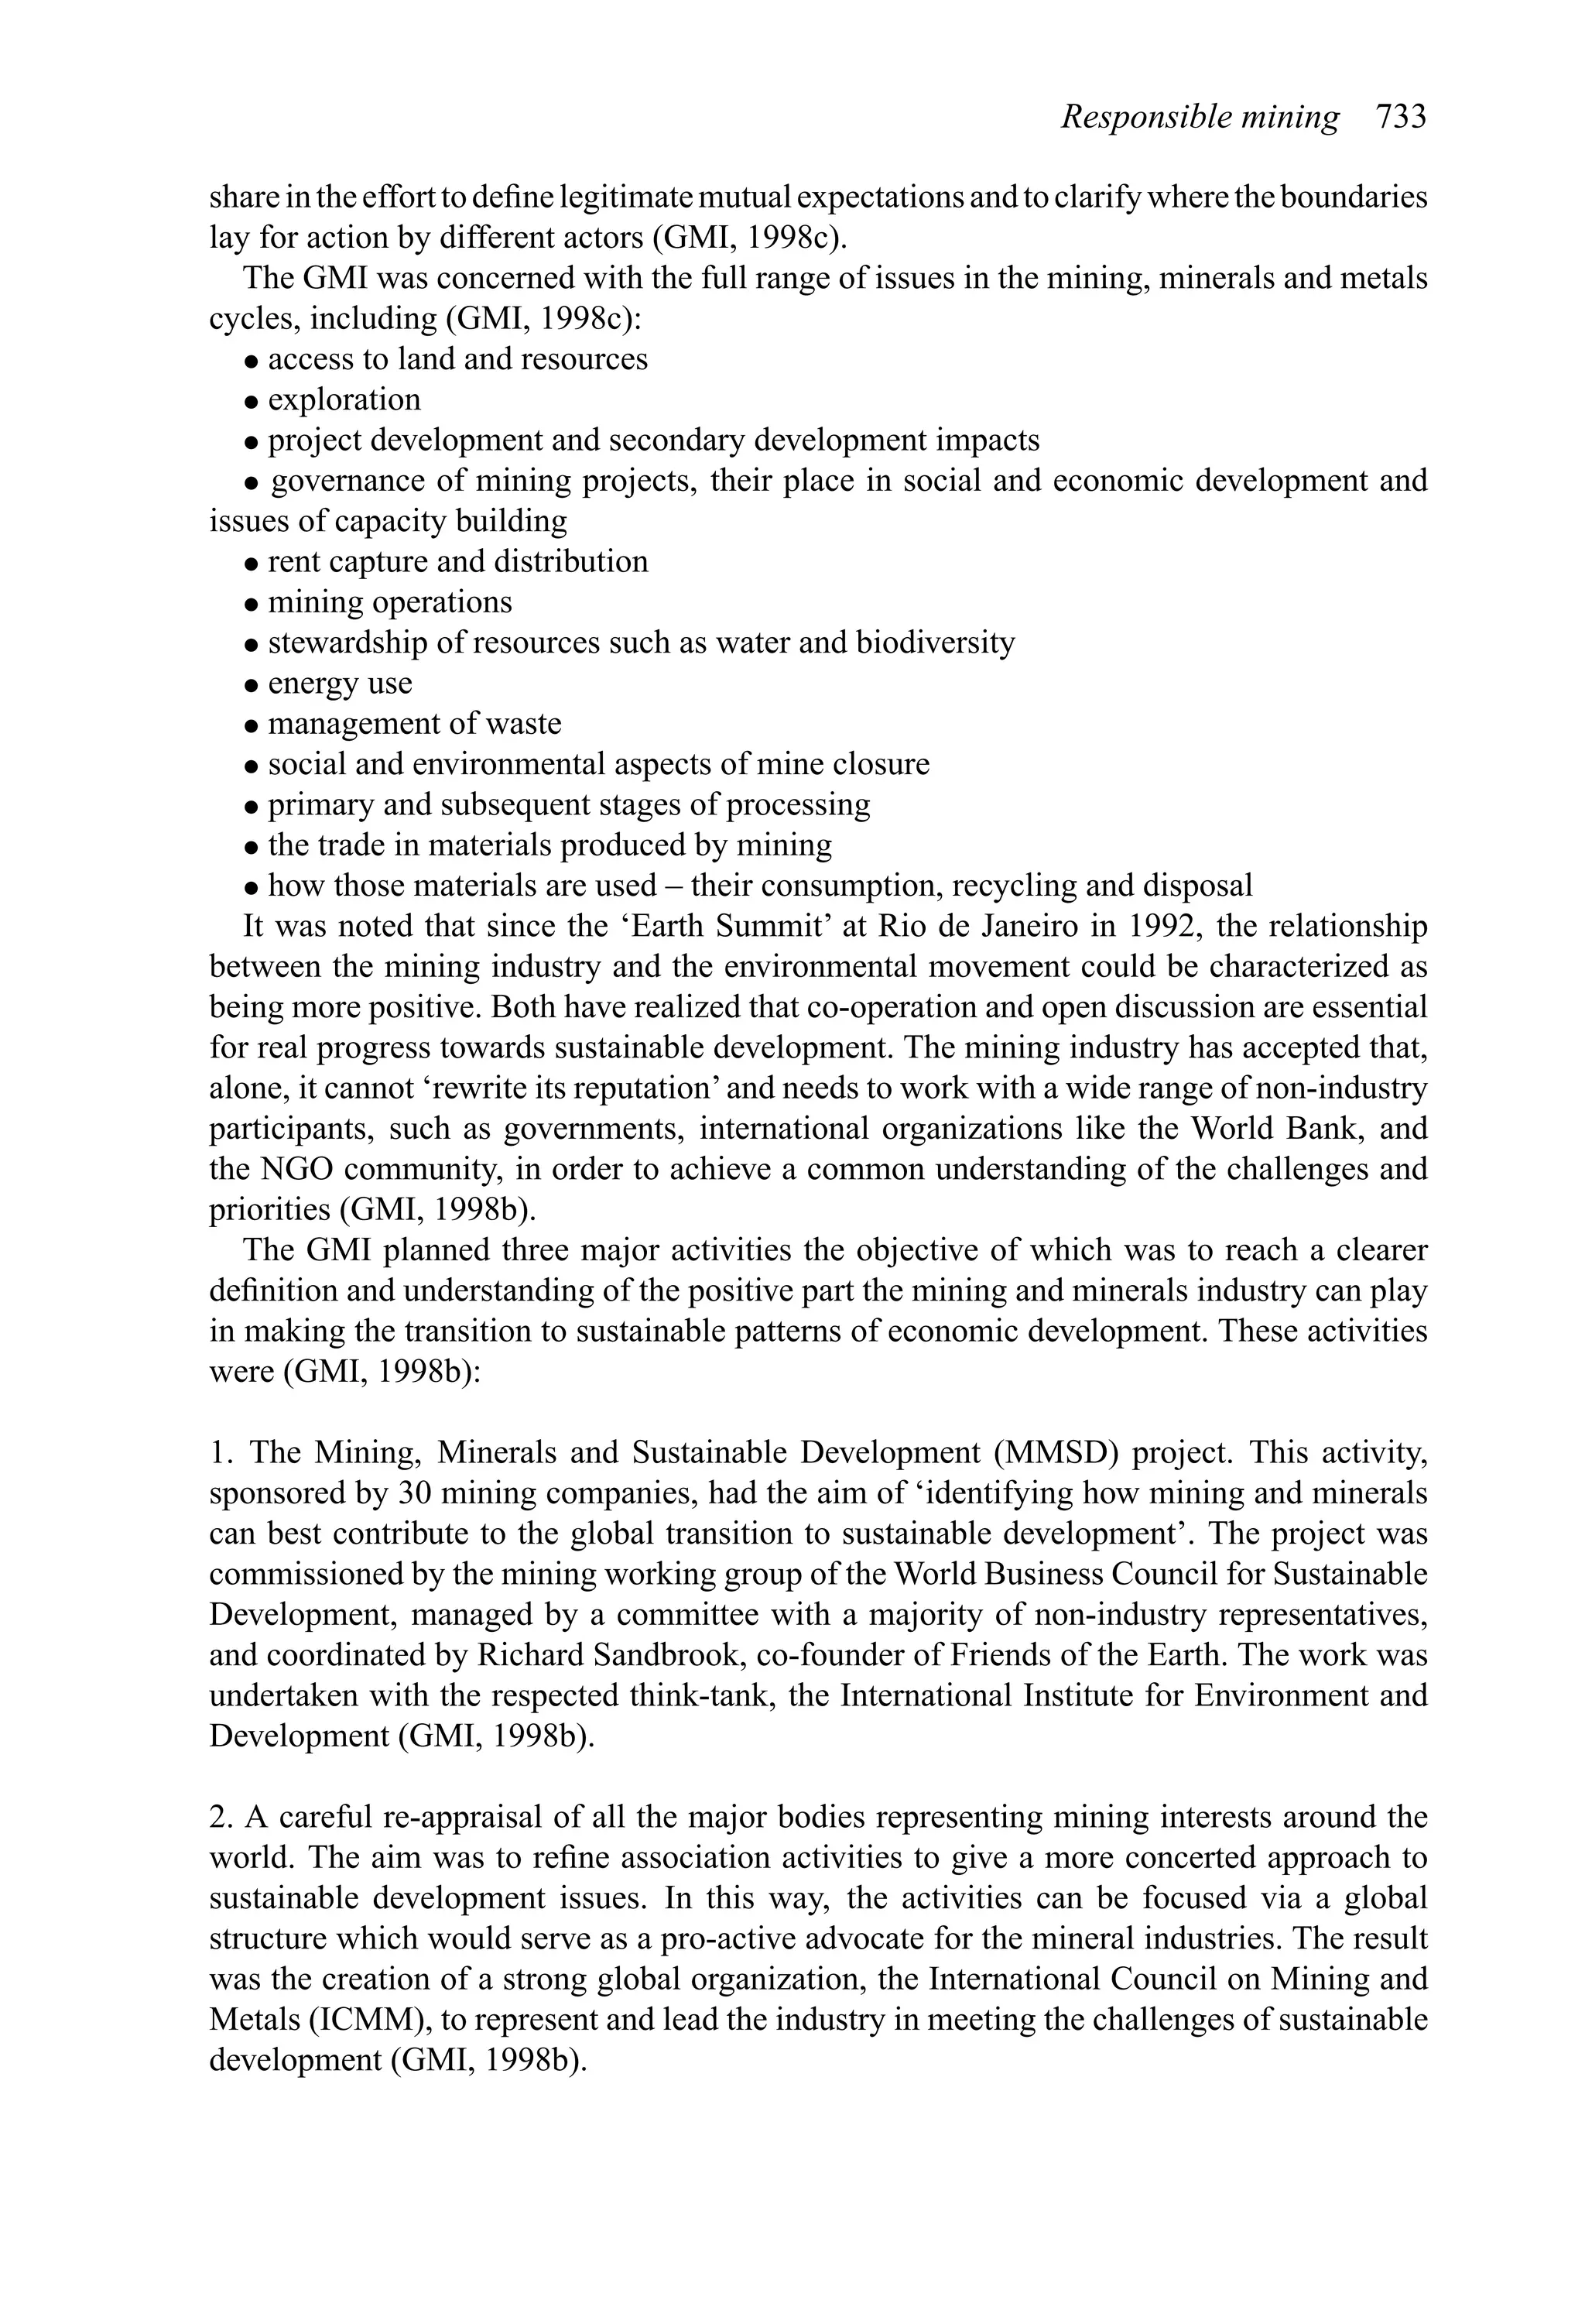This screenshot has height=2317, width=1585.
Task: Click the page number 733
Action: [x=1401, y=118]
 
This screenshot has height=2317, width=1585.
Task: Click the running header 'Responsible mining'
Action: [x=1200, y=118]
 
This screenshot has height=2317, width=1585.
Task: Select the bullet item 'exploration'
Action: [x=344, y=399]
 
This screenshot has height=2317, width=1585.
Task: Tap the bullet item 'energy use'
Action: [x=339, y=683]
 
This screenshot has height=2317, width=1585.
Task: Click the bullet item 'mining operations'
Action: [x=389, y=602]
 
